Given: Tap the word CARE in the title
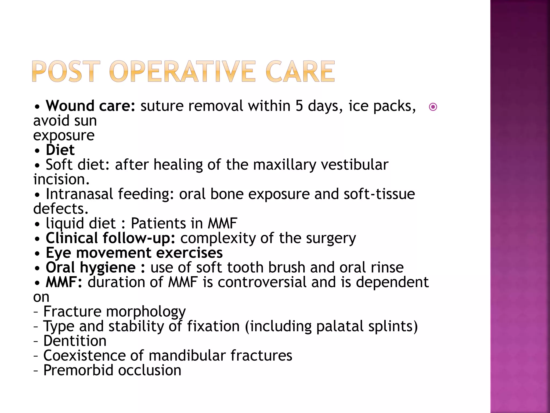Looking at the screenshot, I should [x=300, y=71].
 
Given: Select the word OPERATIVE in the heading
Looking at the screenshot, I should [x=182, y=71].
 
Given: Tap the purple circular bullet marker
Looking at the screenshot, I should [x=433, y=107].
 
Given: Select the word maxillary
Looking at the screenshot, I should [x=284, y=165].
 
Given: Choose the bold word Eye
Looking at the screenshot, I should [x=59, y=253].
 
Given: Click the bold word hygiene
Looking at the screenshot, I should [x=108, y=268].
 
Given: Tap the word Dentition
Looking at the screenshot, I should [x=75, y=341].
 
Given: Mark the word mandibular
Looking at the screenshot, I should [x=187, y=355].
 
